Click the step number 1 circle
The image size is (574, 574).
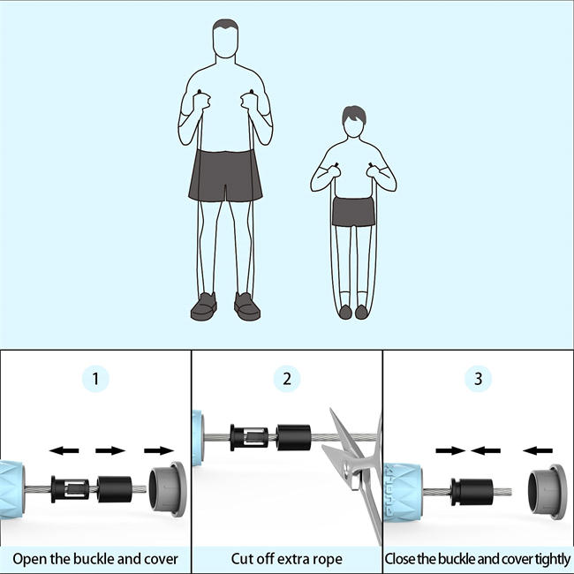point(95,379)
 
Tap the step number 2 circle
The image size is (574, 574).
point(287,379)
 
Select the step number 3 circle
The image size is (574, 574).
point(478,379)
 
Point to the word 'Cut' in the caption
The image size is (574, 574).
point(242,559)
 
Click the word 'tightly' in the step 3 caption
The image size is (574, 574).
point(553,559)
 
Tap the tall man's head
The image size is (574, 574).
point(225,39)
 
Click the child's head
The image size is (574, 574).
point(353,122)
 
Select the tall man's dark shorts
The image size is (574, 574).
point(225,176)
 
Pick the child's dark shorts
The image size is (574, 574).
point(353,212)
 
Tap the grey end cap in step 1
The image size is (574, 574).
point(168,489)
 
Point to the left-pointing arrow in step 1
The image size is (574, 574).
point(64,450)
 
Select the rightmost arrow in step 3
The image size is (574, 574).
point(538,450)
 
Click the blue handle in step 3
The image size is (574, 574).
point(403,492)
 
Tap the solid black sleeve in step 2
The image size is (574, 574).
point(293,437)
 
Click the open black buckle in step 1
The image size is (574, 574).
point(71,489)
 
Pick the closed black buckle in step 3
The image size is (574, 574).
point(472,492)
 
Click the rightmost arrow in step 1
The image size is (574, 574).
point(159,450)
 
